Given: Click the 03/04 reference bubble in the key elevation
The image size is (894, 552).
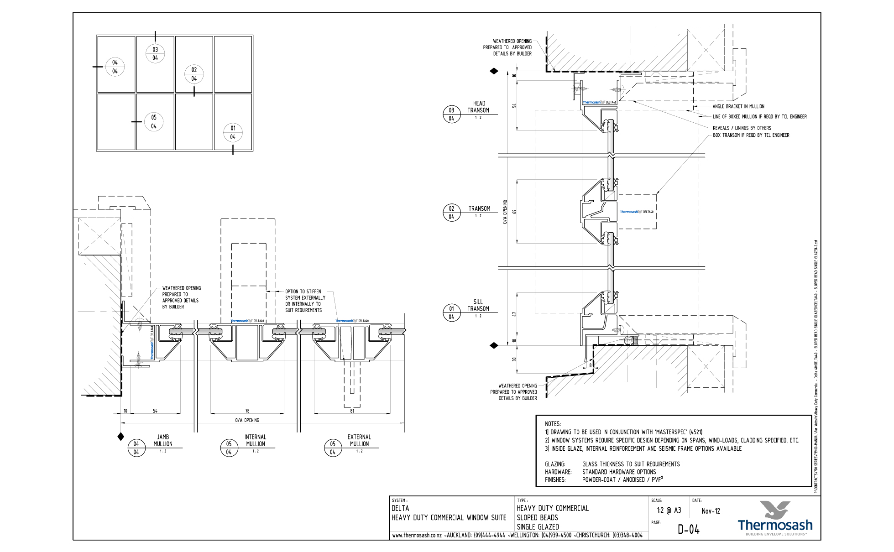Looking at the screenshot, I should coord(155,54).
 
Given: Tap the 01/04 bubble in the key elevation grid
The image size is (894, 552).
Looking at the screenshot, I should coord(233,132).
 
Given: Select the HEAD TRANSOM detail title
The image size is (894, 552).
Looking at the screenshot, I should coord(478,107).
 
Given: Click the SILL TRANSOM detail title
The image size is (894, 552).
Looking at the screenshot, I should coord(478,305).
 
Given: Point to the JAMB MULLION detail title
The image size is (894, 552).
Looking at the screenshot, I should coord(163,440).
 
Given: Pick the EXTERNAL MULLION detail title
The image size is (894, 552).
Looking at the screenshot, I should coord(359,440).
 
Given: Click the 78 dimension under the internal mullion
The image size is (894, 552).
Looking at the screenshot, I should coord(247,411).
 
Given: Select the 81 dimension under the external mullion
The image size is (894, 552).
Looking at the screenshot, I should coord(352,411).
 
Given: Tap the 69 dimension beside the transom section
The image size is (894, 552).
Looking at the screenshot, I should coord(514,212).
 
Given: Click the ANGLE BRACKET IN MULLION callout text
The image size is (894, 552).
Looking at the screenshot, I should coord(738,106).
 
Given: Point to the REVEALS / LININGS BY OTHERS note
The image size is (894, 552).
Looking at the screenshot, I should coord(742,128).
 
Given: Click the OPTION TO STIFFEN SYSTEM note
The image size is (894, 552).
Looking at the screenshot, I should coord(304,301).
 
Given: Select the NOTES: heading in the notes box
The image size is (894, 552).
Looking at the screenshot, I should coord(553,424).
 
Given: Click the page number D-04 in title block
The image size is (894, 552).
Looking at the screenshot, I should coord(688,530).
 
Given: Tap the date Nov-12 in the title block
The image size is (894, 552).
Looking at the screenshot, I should coord(711,511).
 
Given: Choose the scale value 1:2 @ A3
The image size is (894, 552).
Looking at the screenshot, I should coord(669,510).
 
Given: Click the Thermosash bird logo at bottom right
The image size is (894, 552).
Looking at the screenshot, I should coord(774,510).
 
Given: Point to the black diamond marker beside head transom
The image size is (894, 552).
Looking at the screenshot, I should coord(494,71).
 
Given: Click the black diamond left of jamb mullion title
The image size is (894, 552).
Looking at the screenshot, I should coord(121,437).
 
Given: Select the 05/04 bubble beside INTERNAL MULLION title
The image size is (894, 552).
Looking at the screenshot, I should coord(229,448).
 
